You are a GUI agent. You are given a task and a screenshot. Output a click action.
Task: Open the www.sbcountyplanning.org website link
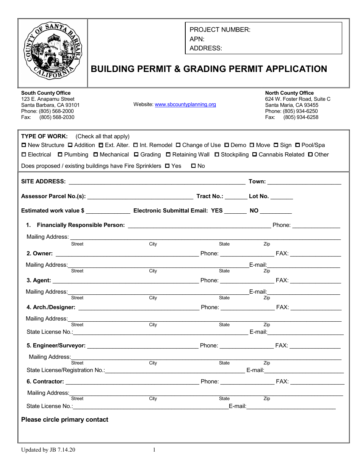coord(185,105)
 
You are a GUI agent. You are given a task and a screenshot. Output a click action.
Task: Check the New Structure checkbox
coord(24,145)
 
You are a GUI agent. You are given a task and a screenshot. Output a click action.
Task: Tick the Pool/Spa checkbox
coord(298,145)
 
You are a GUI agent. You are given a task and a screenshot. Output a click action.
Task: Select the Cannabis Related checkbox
coord(255,155)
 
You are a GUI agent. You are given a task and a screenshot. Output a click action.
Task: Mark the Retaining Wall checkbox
coord(168,155)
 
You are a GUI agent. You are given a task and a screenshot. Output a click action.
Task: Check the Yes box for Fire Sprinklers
coord(167,166)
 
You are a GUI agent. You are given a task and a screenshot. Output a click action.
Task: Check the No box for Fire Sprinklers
coord(193,166)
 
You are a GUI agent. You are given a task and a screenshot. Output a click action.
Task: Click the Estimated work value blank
coord(108,211)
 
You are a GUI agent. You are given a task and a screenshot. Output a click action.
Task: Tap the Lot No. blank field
coord(282,197)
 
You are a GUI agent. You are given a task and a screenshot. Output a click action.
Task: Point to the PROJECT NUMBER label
coord(220,30)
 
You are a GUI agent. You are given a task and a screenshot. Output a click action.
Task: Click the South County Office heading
coord(46,93)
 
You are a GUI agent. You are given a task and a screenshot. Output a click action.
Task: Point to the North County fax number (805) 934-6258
coord(301,117)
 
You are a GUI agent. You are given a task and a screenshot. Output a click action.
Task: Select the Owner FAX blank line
coord(315,254)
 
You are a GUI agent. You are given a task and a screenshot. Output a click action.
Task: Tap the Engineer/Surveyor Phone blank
coord(246,346)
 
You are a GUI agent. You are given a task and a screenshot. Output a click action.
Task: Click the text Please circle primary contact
coord(65,419)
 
